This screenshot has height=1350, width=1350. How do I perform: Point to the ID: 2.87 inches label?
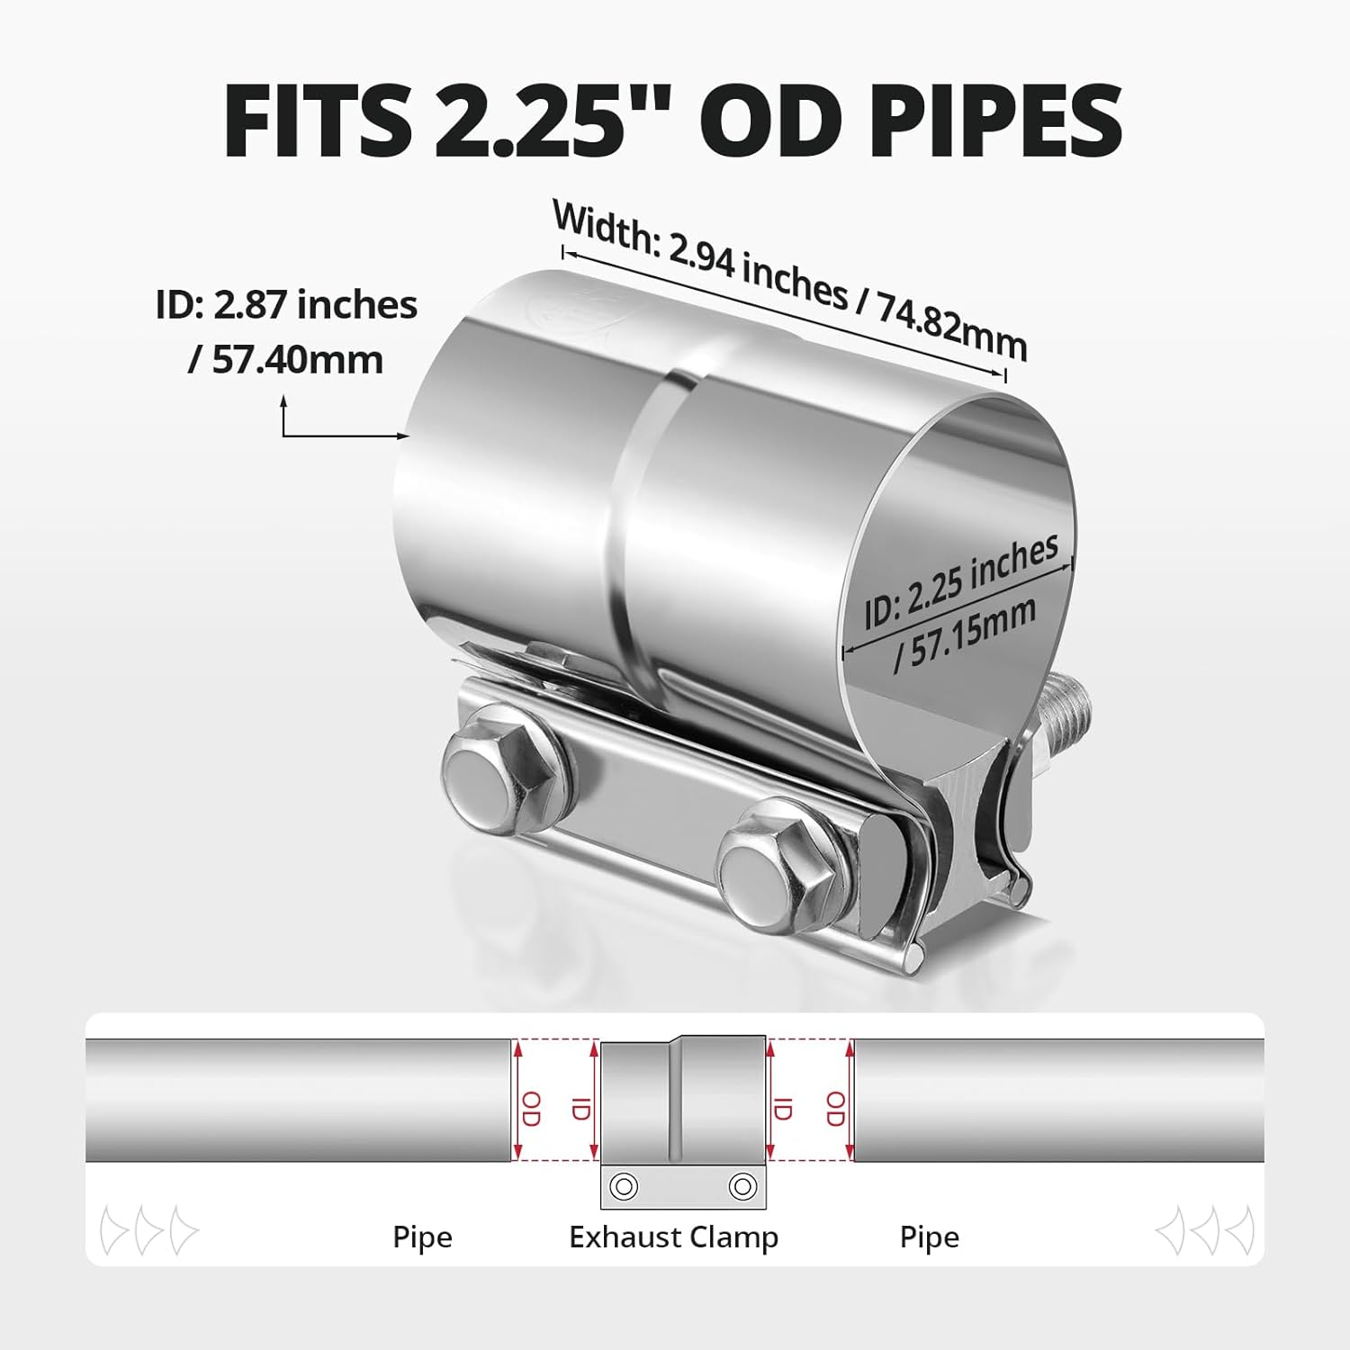click(x=286, y=305)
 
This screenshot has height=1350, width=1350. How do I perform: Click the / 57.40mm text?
click(x=286, y=359)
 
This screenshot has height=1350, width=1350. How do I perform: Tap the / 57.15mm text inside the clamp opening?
click(x=965, y=635)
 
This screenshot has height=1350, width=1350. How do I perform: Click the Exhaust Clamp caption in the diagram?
click(x=673, y=1237)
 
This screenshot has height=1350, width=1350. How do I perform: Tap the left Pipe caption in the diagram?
click(x=422, y=1237)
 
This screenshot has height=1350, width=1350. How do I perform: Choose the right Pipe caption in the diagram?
click(x=929, y=1237)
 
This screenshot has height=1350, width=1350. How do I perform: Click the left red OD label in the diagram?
click(x=531, y=1108)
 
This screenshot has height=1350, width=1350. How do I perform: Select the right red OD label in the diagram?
click(x=835, y=1108)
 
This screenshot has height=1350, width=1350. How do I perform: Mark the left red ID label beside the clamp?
click(x=580, y=1108)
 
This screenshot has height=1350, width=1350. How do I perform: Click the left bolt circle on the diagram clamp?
click(x=623, y=1185)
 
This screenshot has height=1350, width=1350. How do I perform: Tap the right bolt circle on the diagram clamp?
click(x=742, y=1185)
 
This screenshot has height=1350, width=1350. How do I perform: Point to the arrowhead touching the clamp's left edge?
click(x=404, y=436)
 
